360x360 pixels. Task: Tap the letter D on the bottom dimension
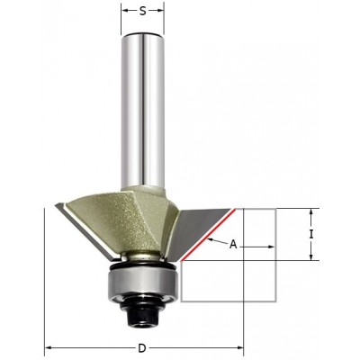tap(145, 347)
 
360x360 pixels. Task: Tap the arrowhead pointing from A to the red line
tap(207, 238)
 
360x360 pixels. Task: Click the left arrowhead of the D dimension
tap(49, 347)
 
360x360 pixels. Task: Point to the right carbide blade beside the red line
tap(211, 225)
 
